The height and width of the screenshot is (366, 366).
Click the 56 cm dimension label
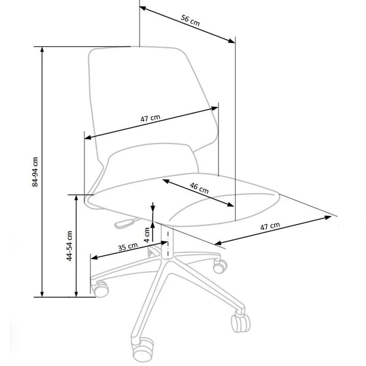click(x=190, y=20)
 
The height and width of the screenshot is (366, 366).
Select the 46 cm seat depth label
click(x=199, y=188)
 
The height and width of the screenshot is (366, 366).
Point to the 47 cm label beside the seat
click(x=270, y=226)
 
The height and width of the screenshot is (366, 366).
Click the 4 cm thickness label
click(x=147, y=235)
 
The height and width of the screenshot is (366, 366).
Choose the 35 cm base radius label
click(x=128, y=247)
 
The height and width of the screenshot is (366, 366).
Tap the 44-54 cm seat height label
click(x=69, y=246)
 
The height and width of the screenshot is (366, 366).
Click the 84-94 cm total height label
click(x=35, y=172)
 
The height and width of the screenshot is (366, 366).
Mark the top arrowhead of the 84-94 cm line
click(x=42, y=49)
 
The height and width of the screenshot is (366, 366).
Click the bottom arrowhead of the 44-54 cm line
click(x=76, y=294)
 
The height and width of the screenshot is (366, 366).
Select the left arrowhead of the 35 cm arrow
click(x=94, y=257)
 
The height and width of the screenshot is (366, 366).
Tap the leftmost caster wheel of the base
click(x=100, y=288)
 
